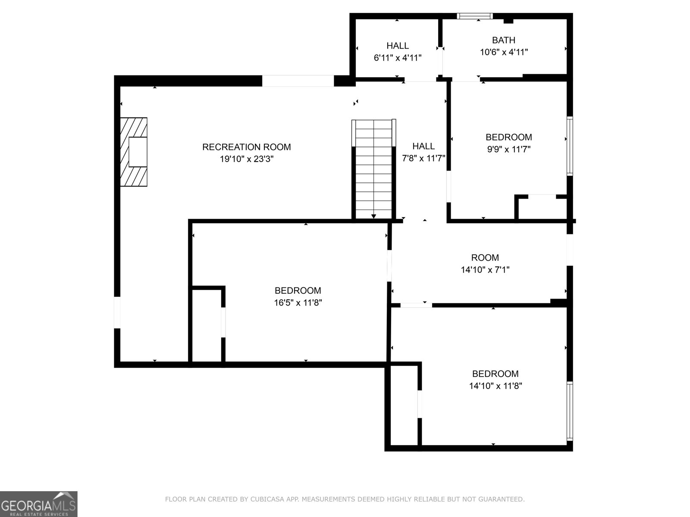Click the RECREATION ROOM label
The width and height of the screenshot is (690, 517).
246,147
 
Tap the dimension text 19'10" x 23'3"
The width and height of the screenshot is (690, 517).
246,159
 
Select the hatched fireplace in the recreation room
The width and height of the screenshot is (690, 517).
134,152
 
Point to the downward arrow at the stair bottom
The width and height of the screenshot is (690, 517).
373,216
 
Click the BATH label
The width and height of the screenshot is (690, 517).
503,40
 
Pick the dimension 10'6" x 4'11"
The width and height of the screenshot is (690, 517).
504,52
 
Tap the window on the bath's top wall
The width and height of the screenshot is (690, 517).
474,16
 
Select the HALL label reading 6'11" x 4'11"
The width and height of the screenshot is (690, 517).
397,46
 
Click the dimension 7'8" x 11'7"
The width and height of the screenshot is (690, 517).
423,158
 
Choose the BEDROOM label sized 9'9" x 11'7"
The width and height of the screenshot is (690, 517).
508,137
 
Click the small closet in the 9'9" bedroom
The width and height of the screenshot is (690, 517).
542,209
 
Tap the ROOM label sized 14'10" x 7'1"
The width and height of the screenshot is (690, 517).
485,258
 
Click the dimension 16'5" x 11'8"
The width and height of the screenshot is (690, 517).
298,302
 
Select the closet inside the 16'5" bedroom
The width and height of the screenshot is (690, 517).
207,325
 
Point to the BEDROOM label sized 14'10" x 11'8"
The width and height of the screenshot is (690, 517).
495,374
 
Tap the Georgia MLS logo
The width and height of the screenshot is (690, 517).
38,504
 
